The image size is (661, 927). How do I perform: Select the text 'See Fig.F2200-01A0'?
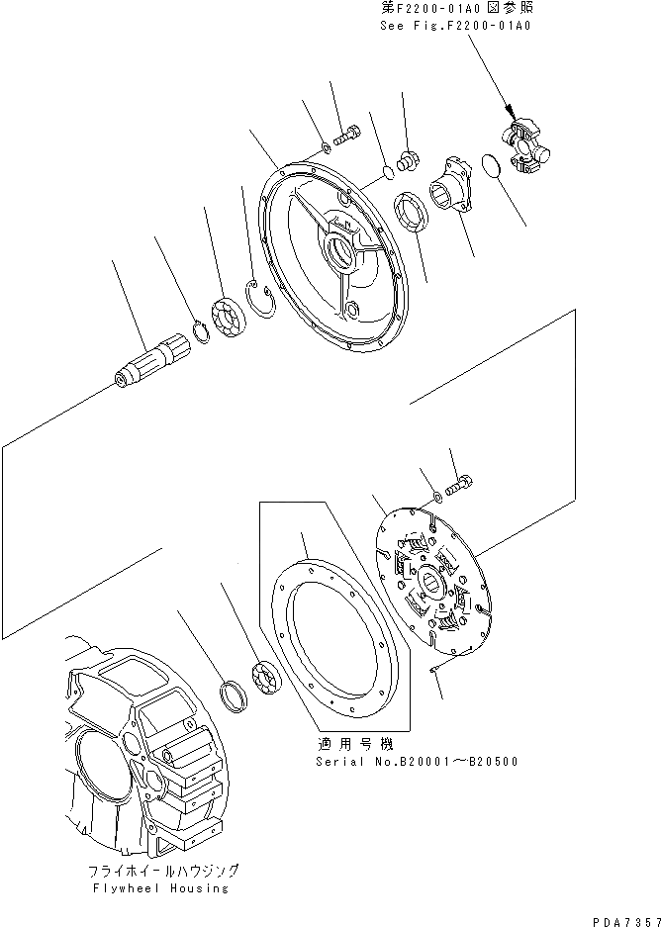point(456,26)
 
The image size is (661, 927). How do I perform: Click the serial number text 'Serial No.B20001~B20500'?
point(416,761)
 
